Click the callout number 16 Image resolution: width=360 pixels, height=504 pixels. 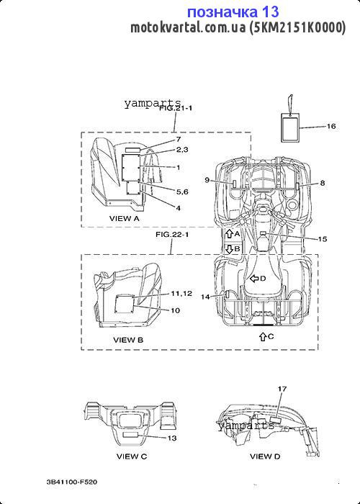point(330,126)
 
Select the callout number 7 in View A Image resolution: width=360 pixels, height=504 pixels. point(179,140)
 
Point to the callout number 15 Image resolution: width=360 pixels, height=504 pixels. point(323,239)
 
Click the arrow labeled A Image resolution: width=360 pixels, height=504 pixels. point(229,234)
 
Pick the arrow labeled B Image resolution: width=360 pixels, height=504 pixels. point(229,249)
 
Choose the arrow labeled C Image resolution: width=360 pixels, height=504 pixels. point(263,336)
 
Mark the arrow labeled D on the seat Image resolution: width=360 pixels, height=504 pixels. point(255,279)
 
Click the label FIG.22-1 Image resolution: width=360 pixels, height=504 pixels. point(172,235)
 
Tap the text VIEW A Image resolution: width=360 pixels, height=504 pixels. point(125,219)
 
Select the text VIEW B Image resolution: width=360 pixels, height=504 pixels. point(128,340)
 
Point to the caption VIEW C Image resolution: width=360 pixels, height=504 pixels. point(132,456)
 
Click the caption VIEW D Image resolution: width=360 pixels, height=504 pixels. point(265,456)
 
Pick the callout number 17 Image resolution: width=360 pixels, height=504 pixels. point(282,389)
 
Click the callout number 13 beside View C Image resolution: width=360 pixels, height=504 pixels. point(172,438)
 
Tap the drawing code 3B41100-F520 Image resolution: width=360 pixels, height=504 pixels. point(72,482)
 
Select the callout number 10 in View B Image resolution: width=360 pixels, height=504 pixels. point(176,310)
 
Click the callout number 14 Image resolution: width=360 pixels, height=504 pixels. point(205,297)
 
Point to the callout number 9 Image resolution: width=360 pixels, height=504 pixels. point(207,180)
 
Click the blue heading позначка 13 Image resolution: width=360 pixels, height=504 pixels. point(233,12)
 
